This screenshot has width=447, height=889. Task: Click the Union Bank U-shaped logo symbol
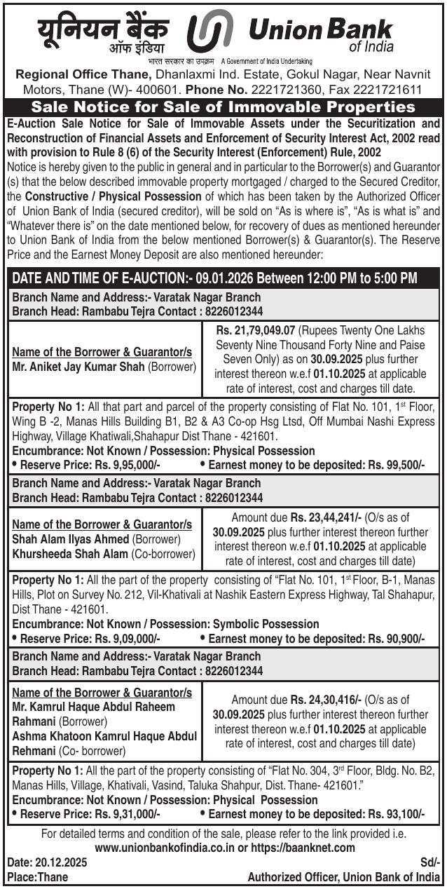pos(210,32)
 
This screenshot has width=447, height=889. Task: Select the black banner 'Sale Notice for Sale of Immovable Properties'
pos(223,107)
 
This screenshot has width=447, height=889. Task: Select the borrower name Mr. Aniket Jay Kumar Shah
pos(78,367)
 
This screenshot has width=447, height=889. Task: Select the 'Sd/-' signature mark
pos(430,862)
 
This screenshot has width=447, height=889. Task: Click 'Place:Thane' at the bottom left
pos(32,877)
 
